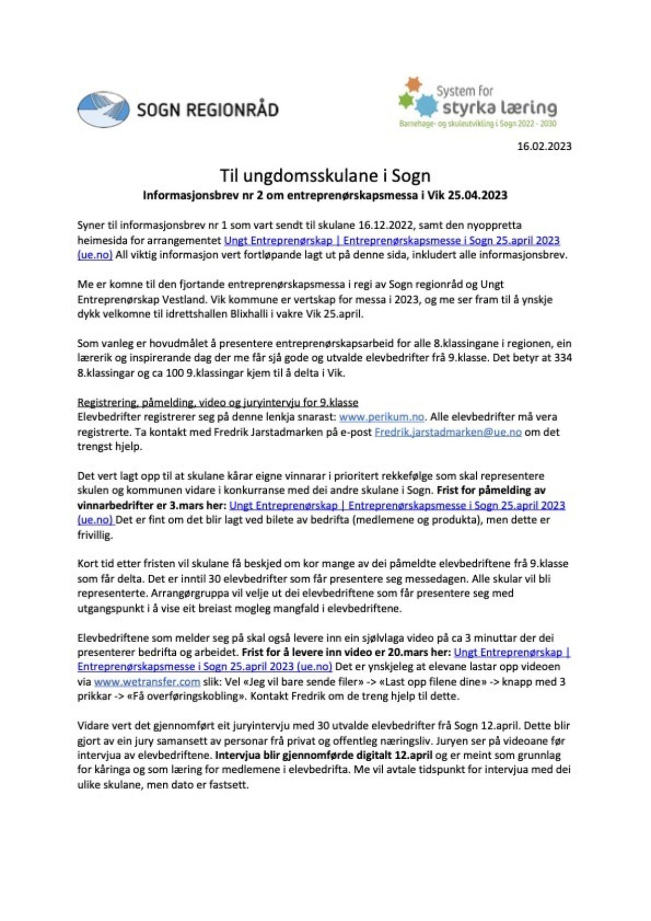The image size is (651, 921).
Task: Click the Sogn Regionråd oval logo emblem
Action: [103, 109]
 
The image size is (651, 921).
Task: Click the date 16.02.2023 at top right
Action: [544, 147]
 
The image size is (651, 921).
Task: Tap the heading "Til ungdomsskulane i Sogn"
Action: [324, 175]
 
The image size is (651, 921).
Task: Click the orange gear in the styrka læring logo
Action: [414, 84]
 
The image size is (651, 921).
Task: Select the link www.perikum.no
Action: [381, 417]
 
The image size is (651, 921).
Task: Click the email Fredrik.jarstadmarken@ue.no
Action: [448, 432]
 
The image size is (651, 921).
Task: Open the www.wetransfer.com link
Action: [147, 682]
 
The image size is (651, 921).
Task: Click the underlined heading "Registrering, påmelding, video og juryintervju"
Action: [217, 402]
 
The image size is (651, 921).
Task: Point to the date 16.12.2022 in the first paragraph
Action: [386, 225]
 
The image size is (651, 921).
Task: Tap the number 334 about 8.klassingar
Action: [563, 358]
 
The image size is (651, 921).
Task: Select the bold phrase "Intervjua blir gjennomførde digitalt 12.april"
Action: [324, 756]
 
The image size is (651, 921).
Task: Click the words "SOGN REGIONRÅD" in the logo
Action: [207, 110]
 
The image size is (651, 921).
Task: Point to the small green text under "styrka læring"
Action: [477, 124]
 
